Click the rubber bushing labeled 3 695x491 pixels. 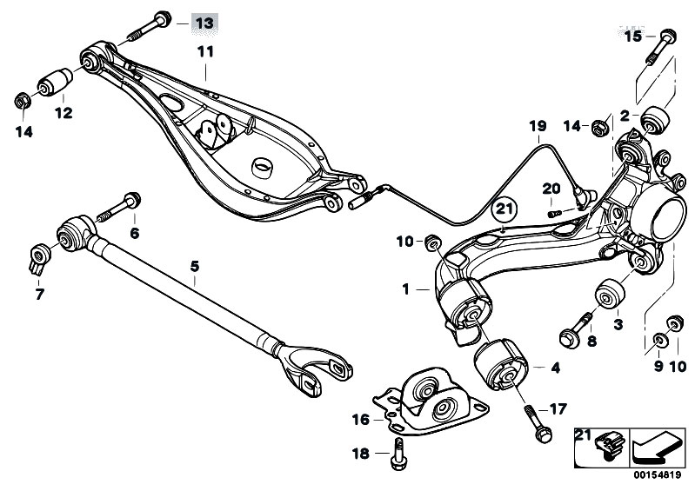click(611, 294)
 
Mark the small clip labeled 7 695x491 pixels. click(37, 257)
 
